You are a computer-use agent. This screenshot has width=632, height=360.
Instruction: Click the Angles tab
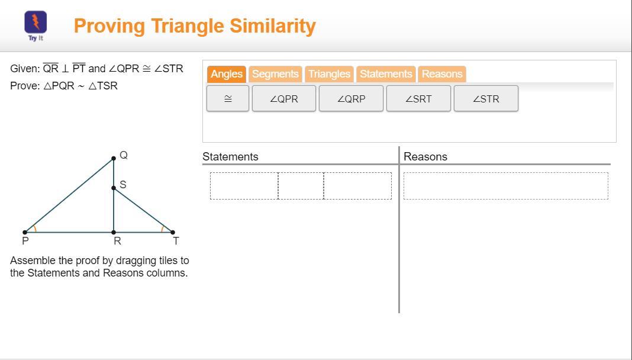(x=227, y=74)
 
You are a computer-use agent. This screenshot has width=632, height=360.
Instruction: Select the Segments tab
(x=275, y=74)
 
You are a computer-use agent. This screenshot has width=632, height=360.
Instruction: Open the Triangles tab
(x=329, y=74)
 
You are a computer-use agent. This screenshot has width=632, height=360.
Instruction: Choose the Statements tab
(x=386, y=74)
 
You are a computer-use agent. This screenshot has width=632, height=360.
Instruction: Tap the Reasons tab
(x=442, y=74)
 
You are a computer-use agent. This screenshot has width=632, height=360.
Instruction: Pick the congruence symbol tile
(x=228, y=98)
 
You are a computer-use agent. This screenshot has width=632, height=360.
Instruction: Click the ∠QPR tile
(x=284, y=98)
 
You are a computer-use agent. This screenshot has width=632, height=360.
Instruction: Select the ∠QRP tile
(x=351, y=98)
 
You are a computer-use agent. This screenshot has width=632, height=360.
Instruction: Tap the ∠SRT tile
(x=418, y=98)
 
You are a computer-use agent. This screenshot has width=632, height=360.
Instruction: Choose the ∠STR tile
(x=486, y=98)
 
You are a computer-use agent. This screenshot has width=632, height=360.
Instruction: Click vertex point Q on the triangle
(x=114, y=159)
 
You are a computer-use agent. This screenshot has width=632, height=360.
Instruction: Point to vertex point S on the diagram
(x=114, y=188)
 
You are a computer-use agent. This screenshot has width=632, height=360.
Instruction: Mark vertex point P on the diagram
(x=25, y=232)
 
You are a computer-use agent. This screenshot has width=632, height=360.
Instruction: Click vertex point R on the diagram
(x=114, y=232)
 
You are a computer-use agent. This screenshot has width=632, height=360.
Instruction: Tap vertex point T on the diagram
(x=173, y=232)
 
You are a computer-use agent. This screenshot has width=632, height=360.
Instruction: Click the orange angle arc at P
(x=36, y=229)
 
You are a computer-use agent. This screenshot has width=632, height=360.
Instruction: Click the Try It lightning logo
(x=36, y=22)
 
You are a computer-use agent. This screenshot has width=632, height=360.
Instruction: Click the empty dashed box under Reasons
(x=506, y=186)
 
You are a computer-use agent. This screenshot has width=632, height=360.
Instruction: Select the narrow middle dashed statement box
(x=301, y=186)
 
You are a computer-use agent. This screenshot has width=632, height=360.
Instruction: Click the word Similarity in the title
(x=273, y=26)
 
